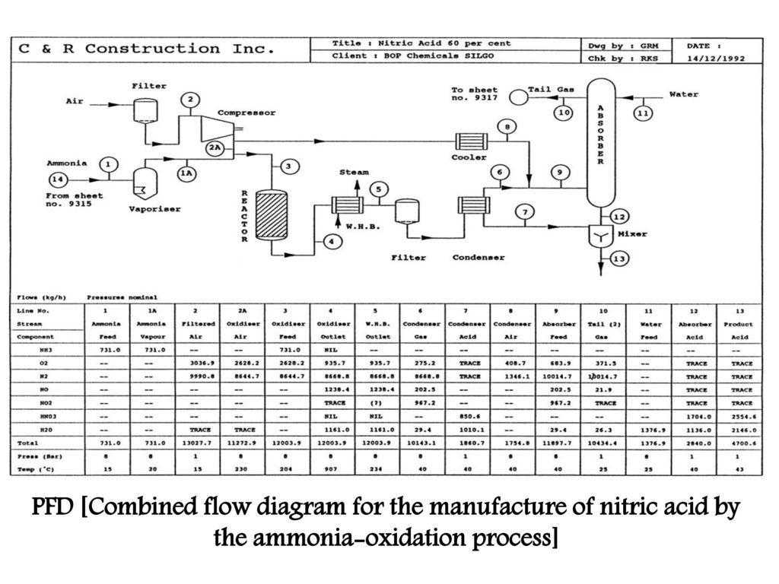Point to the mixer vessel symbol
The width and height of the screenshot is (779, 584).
click(601, 237)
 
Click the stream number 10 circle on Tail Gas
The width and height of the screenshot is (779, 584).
click(563, 113)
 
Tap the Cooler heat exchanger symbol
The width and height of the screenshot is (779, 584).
click(469, 141)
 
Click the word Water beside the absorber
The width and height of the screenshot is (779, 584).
click(683, 94)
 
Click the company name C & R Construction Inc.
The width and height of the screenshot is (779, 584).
click(146, 49)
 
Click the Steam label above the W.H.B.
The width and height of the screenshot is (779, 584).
click(354, 173)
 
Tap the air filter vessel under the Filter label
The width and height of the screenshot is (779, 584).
click(144, 111)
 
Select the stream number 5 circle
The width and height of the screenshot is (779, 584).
click(378, 189)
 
